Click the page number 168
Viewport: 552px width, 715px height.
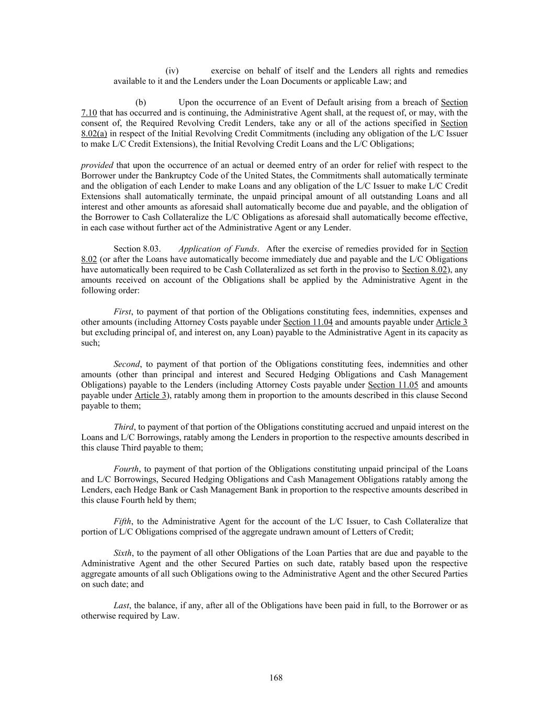coord(276,678)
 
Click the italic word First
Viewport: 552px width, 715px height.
coord(123,312)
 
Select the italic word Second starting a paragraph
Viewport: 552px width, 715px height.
coord(127,364)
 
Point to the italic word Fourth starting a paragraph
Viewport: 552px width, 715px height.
coord(126,469)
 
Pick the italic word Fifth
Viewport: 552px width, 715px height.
coord(122,521)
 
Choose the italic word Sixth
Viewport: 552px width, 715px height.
coord(123,553)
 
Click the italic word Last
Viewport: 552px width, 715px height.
coord(121,605)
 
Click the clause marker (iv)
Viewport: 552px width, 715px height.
coord(172,71)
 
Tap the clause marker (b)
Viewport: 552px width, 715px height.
coord(141,102)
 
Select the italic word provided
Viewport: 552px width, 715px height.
coord(97,165)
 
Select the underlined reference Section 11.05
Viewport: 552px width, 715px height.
coord(393,385)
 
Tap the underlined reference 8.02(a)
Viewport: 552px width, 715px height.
coord(94,134)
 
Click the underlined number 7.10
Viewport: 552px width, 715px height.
coord(89,113)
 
